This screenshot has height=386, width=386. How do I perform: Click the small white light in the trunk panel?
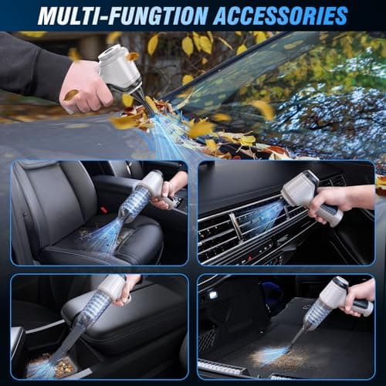(x=212, y=295)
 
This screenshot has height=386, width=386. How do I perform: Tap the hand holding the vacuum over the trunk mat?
(x=360, y=297)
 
